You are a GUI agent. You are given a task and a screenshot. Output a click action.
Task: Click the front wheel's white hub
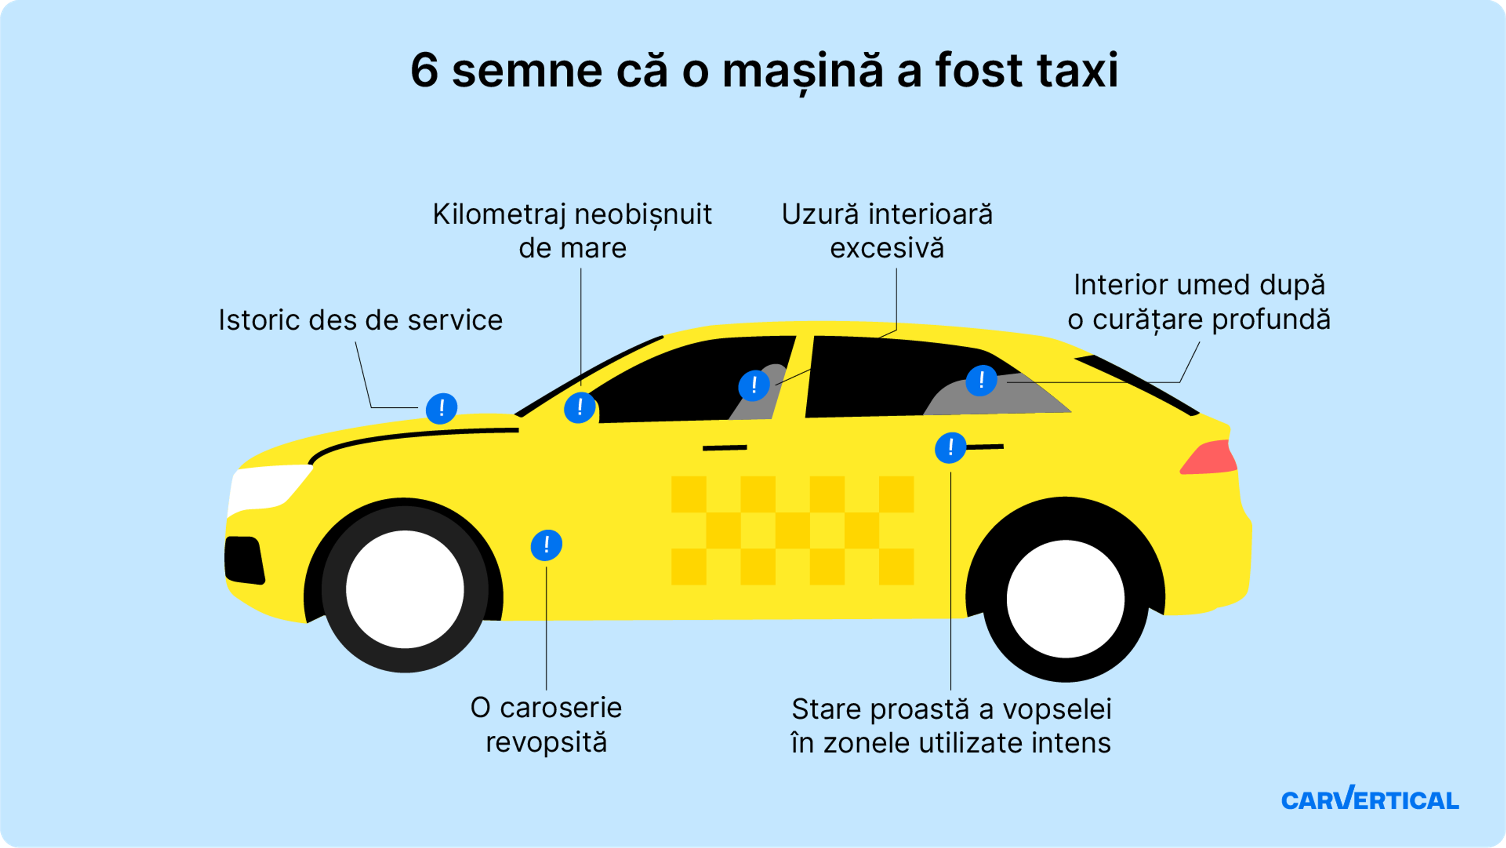click(405, 589)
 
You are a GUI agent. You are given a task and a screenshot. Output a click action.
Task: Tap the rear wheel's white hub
click(1065, 599)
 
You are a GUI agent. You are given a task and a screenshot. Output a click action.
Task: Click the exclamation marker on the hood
click(441, 408)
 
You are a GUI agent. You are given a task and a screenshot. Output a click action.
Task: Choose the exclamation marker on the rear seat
click(981, 380)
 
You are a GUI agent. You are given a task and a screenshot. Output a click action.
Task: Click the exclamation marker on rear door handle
click(950, 448)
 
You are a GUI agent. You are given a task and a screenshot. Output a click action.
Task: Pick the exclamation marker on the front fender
click(546, 545)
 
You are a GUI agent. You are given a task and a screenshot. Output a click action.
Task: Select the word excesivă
click(887, 248)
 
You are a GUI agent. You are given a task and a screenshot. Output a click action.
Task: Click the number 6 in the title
click(424, 71)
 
